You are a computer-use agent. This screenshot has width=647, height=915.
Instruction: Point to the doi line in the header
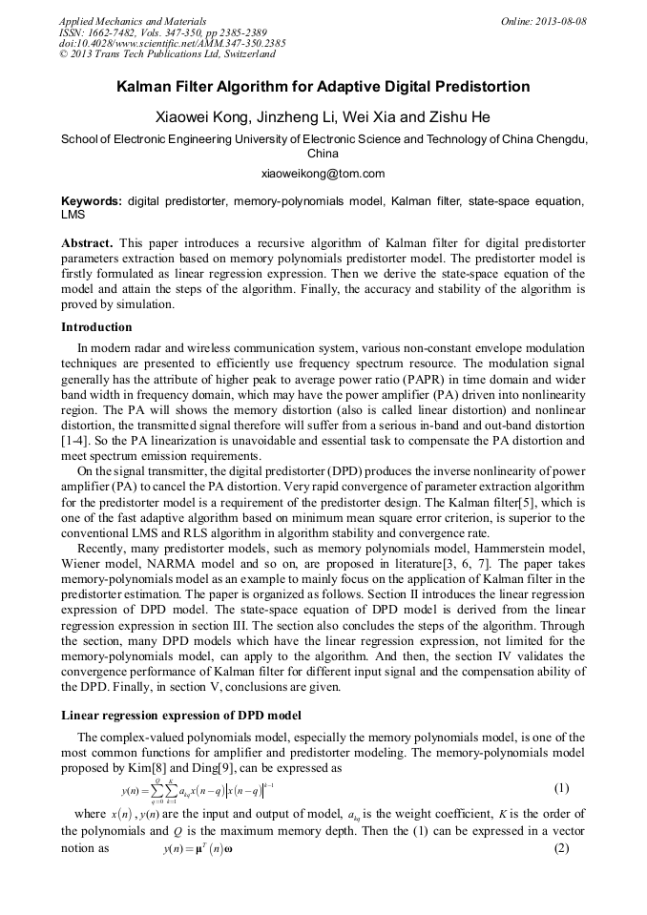[172, 44]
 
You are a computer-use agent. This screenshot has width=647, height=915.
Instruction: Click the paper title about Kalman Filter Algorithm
[323, 87]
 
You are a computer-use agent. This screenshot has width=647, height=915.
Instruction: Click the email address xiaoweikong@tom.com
[323, 174]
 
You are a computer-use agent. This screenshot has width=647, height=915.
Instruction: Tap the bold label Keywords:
[92, 201]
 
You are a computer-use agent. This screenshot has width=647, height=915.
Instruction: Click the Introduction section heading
[96, 327]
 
